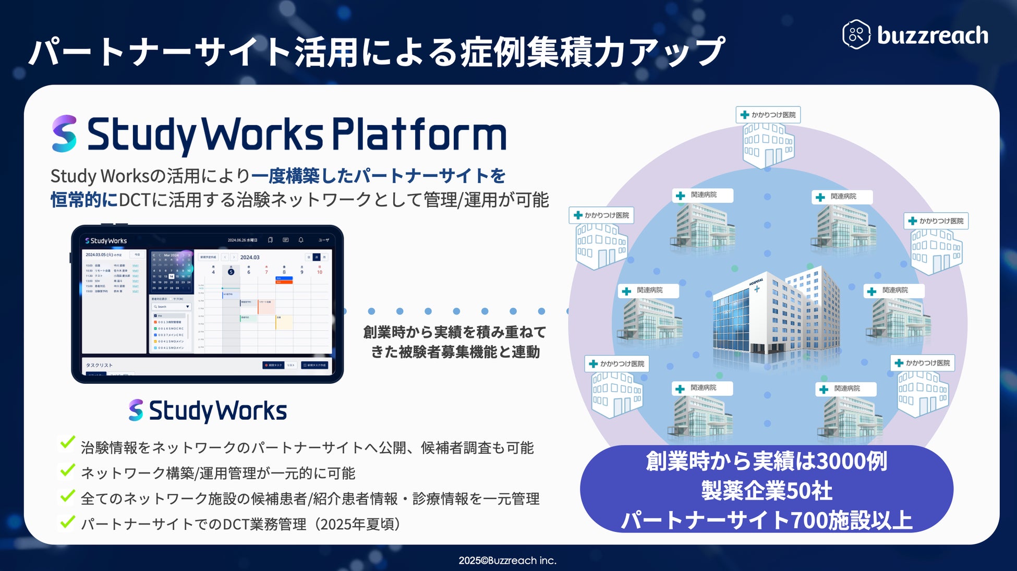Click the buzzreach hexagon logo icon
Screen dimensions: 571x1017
click(856, 34)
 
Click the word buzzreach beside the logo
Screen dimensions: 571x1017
click(933, 35)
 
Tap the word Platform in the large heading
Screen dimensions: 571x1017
click(419, 135)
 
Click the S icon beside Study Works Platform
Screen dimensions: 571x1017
click(65, 134)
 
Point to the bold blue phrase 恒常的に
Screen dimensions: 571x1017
click(84, 200)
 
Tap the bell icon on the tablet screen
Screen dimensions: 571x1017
click(301, 240)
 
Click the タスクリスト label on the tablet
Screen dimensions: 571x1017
click(99, 365)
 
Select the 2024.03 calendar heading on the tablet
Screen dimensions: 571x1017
click(250, 257)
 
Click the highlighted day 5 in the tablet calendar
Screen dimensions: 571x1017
click(231, 272)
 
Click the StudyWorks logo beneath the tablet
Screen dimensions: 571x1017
click(208, 411)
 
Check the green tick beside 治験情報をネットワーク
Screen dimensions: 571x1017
click(67, 443)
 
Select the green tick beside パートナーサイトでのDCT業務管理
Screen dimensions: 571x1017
click(67, 521)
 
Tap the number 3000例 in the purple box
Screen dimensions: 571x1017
click(851, 461)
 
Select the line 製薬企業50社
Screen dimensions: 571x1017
click(766, 490)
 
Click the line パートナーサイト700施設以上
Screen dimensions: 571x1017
click(766, 520)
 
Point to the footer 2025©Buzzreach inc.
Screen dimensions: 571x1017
click(507, 561)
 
